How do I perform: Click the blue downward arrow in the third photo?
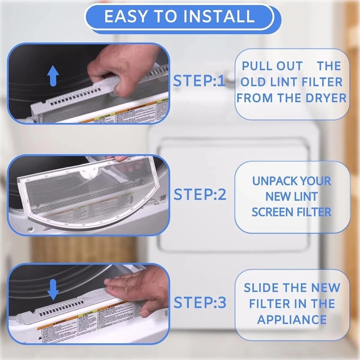coord(54,289)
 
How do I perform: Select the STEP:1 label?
coord(198,81)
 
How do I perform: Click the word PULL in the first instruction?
coord(257,66)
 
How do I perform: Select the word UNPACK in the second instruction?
coord(273,181)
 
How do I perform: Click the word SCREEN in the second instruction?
coord(271,212)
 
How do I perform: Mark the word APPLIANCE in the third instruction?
coord(292,319)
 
